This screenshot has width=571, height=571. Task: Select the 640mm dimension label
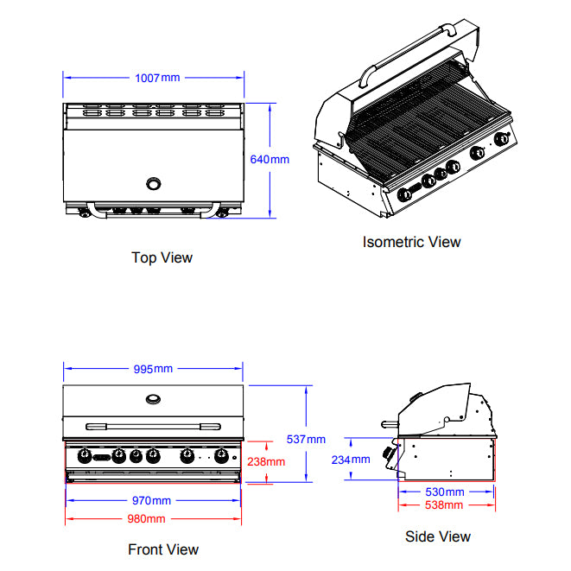click(x=269, y=159)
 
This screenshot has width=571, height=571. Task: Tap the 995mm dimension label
click(x=154, y=369)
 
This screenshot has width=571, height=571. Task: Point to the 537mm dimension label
click(x=306, y=439)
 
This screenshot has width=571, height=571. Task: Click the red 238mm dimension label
click(x=266, y=461)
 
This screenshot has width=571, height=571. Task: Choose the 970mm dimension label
click(x=152, y=500)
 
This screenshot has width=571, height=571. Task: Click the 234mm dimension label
click(x=351, y=460)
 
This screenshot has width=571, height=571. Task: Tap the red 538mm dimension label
click(x=445, y=504)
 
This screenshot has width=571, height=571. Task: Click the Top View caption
click(x=162, y=257)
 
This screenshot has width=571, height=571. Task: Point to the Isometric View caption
click(x=411, y=242)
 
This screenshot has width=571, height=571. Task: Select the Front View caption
click(x=163, y=549)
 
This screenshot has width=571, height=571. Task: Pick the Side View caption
click(x=438, y=536)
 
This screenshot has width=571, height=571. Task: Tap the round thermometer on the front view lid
click(x=154, y=398)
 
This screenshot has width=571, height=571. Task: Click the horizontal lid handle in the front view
click(x=154, y=425)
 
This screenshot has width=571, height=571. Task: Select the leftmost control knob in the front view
click(x=85, y=455)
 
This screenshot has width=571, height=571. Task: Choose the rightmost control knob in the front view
click(x=222, y=455)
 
